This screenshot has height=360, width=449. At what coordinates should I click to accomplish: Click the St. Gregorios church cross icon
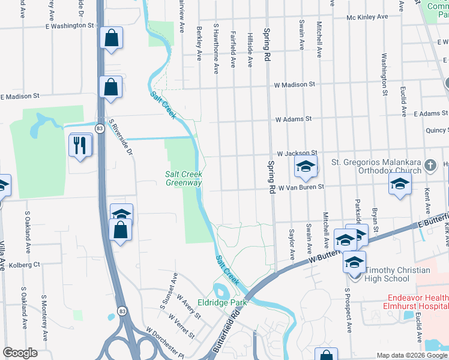tap(429, 164)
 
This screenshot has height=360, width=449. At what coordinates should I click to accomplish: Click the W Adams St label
tap(294, 119)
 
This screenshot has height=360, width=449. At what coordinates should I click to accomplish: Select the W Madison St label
tap(294, 85)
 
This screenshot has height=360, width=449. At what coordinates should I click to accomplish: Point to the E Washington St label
tap(70, 26)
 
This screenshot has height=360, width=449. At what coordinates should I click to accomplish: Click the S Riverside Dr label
tap(120, 137)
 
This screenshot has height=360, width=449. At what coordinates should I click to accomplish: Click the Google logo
tap(20, 353)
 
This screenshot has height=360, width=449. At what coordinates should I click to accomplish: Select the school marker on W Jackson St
tap(305, 167)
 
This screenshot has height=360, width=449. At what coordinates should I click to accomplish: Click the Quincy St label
tap(436, 130)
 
